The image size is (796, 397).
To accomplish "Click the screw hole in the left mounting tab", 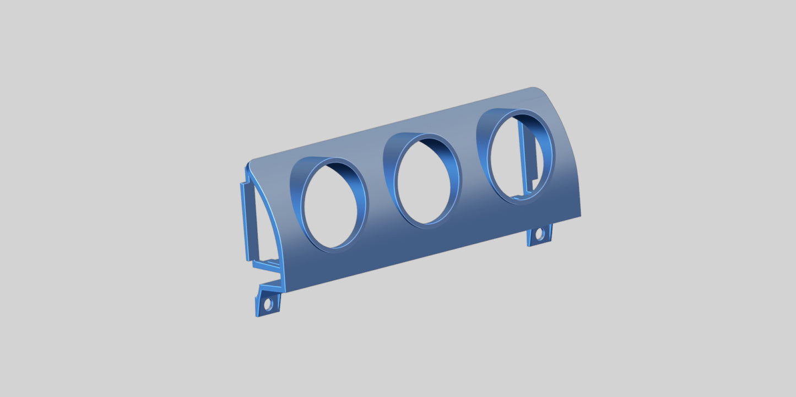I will coord(268,303).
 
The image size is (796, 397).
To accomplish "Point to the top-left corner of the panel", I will coord(251,164).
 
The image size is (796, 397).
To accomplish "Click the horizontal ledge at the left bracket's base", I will coord(267,265).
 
